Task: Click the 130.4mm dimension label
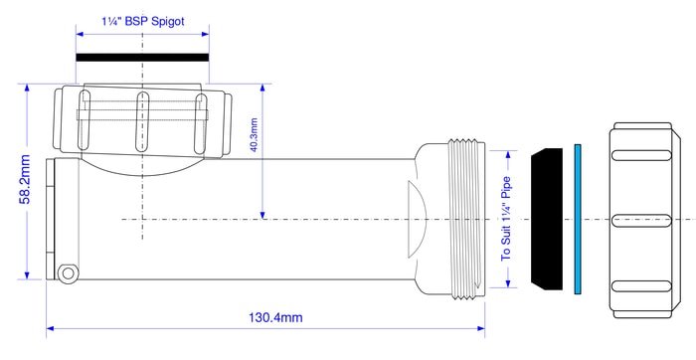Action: click(275, 318)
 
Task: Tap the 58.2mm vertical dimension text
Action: click(25, 179)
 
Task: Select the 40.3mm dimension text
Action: click(254, 134)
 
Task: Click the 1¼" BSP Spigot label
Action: click(143, 22)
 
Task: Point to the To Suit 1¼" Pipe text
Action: click(506, 220)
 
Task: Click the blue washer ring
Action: click(578, 219)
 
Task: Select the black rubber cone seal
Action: click(547, 219)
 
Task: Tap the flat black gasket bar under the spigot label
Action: click(142, 58)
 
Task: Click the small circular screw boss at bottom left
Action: click(68, 272)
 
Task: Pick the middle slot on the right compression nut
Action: click(641, 221)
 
